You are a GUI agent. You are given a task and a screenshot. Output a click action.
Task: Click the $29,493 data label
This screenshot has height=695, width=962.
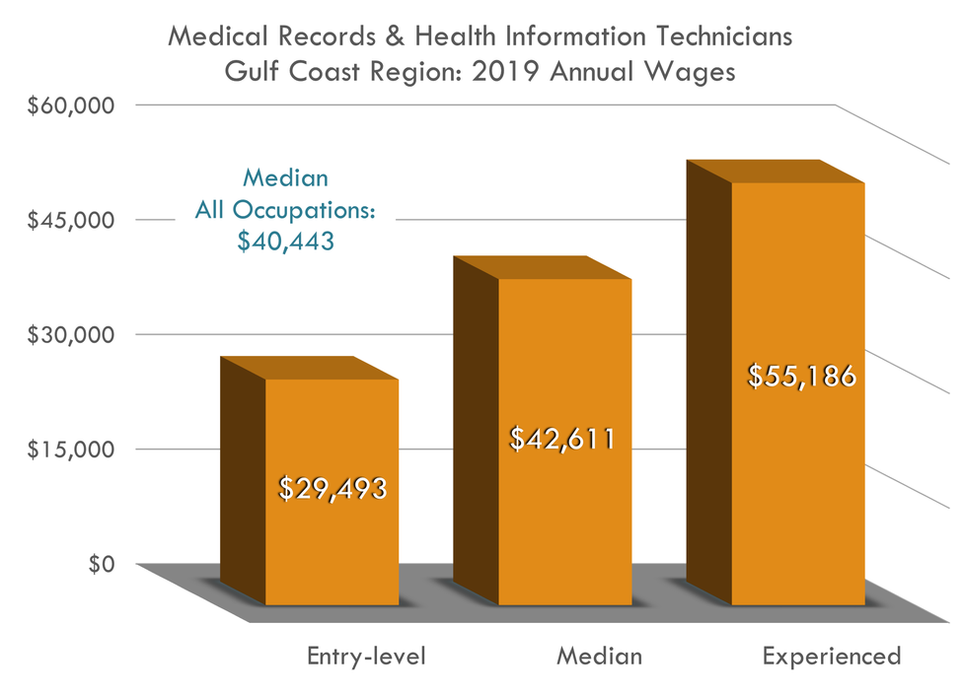click(x=332, y=488)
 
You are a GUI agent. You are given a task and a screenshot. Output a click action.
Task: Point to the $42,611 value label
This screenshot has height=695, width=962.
click(x=562, y=440)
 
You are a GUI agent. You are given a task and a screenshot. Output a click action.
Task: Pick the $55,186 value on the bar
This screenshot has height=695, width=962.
click(x=799, y=377)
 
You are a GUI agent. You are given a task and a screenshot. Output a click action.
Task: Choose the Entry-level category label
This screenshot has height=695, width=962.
click(x=366, y=656)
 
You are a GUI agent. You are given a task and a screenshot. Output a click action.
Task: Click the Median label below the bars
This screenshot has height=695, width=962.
click(x=599, y=656)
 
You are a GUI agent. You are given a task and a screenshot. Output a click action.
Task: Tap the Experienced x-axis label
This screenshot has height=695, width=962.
click(x=832, y=656)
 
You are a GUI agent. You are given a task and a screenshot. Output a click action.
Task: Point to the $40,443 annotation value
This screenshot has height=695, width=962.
click(x=285, y=242)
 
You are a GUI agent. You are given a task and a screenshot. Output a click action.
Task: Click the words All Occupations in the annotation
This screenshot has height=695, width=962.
click(x=285, y=211)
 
